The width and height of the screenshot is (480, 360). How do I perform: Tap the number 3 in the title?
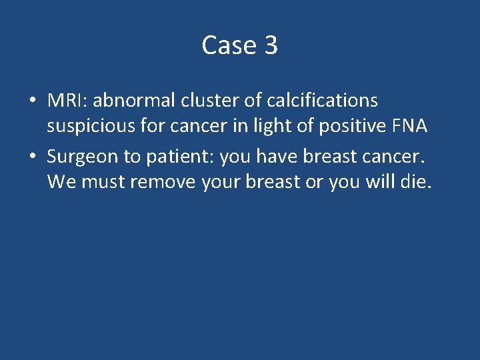coord(271,45)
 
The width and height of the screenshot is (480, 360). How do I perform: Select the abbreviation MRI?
coord(67,101)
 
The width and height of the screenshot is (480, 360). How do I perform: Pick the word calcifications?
coord(322,101)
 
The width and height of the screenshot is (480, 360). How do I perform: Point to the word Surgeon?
coord(81,157)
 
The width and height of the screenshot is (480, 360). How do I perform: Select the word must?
coord(103,181)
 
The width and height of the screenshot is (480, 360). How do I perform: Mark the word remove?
coord(163,181)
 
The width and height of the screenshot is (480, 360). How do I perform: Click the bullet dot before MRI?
coord(33,101)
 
